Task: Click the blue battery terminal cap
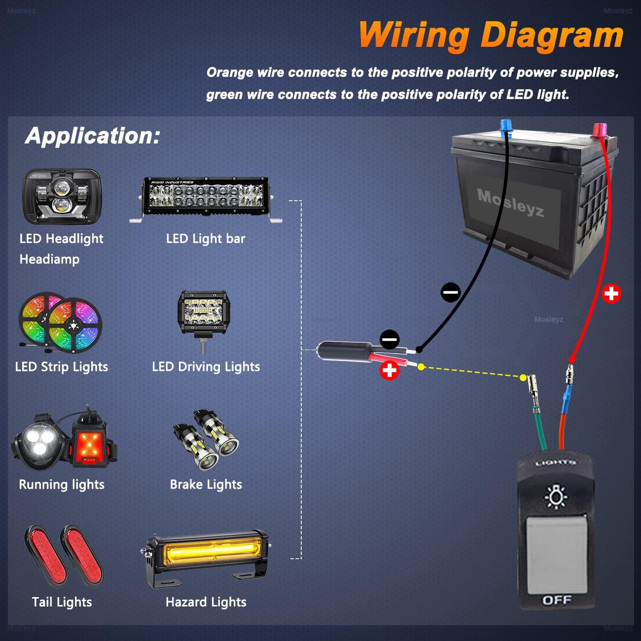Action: coord(506,127)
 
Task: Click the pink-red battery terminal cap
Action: coord(599,131)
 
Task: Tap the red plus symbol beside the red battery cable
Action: coord(611,294)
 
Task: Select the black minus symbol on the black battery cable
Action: coord(450,292)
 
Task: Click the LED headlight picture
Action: coord(61,197)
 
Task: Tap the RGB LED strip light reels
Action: coord(60,323)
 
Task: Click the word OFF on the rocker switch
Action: coord(557,600)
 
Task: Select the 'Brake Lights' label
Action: coord(206,485)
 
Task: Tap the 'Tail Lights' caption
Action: coord(62,602)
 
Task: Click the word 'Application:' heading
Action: coord(93,136)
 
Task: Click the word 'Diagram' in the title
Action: coord(552,36)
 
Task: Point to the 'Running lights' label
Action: coord(62,485)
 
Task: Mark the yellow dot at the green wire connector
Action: coord(523,378)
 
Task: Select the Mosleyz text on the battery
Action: coord(511,203)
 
